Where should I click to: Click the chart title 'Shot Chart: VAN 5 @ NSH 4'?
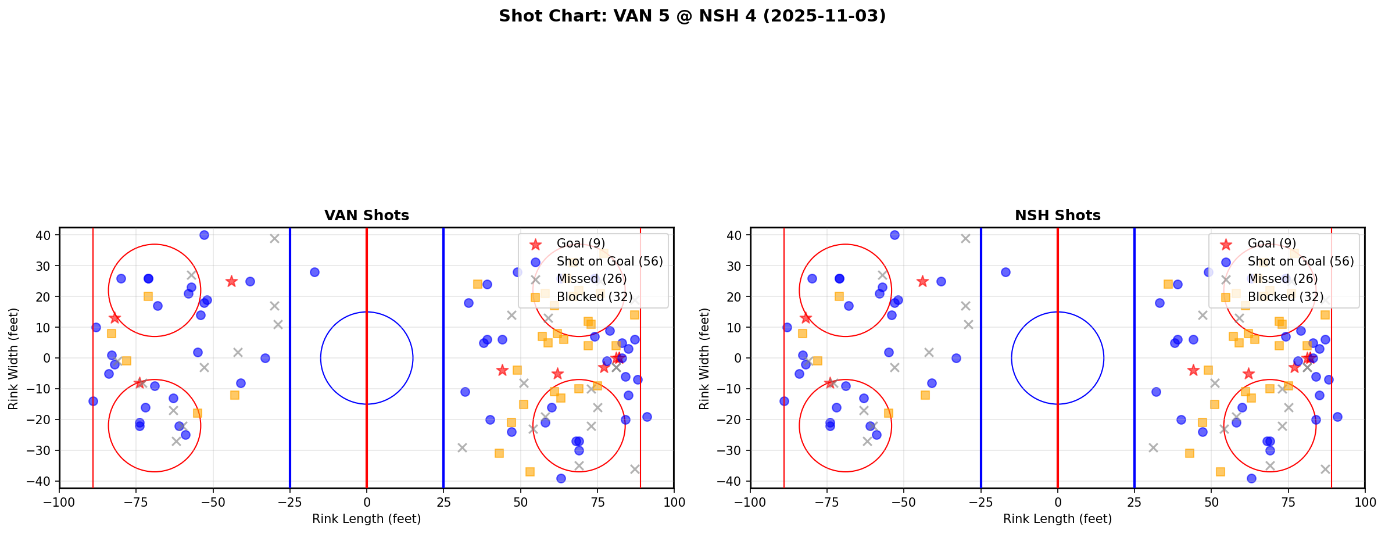tap(692, 16)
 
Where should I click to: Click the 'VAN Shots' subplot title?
tap(366, 216)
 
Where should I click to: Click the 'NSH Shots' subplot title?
tap(1057, 216)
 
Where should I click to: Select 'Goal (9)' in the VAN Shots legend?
tap(581, 243)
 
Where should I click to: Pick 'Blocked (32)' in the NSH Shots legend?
tap(1286, 297)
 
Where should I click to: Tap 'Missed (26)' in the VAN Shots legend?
tap(591, 279)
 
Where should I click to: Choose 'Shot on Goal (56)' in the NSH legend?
tap(1301, 261)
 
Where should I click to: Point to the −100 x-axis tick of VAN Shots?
tap(59, 502)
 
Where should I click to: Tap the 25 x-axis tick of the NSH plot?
tap(1135, 502)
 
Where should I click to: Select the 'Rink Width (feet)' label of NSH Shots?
tap(704, 359)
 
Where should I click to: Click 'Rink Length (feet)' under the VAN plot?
tap(366, 519)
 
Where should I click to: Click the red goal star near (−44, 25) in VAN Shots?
tap(231, 281)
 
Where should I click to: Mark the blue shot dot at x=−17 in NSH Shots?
tap(1005, 272)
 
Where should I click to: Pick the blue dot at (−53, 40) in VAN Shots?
tap(204, 235)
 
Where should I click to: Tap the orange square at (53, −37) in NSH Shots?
tap(1221, 472)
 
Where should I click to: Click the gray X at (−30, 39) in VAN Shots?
tap(274, 238)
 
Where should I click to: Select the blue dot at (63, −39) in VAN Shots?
tap(560, 478)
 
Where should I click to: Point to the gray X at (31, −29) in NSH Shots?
tap(1153, 447)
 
